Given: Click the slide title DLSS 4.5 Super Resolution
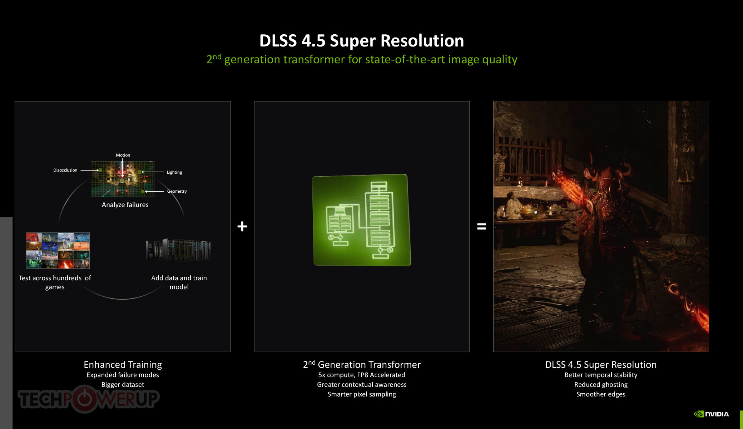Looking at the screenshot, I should [361, 41].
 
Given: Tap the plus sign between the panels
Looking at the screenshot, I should [242, 226].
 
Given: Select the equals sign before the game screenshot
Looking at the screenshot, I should [481, 226].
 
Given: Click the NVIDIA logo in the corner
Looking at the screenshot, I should [711, 414].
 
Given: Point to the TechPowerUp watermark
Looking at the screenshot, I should [88, 399].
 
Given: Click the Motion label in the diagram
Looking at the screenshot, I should [123, 155].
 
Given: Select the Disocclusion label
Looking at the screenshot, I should [65, 170].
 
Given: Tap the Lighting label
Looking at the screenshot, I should [174, 172].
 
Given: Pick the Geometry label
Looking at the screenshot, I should [177, 191].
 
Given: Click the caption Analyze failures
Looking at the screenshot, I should [125, 205].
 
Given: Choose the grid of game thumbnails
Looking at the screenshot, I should [58, 251].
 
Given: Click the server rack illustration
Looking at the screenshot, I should [178, 250].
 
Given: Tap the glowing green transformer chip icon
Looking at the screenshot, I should [362, 220].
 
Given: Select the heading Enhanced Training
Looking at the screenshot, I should [123, 365].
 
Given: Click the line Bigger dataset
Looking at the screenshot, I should [123, 385].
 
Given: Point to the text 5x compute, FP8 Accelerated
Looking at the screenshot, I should [362, 375].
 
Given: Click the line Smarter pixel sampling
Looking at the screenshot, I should [362, 394].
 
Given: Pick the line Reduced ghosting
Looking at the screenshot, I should [601, 385].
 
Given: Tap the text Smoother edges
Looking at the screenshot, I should [601, 394].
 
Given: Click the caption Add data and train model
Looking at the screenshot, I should [179, 282].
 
